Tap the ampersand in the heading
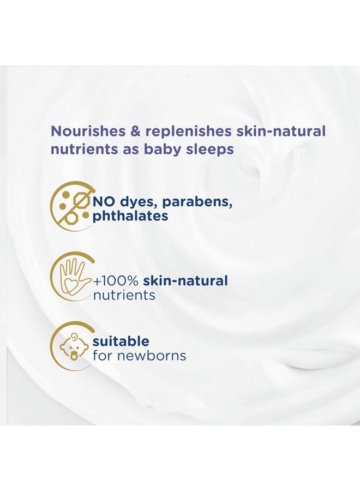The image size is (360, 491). pyautogui.click(x=136, y=131)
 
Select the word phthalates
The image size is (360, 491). pyautogui.click(x=130, y=217)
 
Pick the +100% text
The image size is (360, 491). pyautogui.click(x=116, y=281)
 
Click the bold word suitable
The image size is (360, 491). pyautogui.click(x=121, y=341)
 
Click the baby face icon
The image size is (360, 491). pyautogui.click(x=73, y=346)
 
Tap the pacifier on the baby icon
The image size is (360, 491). pyautogui.click(x=74, y=356)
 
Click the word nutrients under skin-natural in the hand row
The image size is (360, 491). pyautogui.click(x=124, y=295)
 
